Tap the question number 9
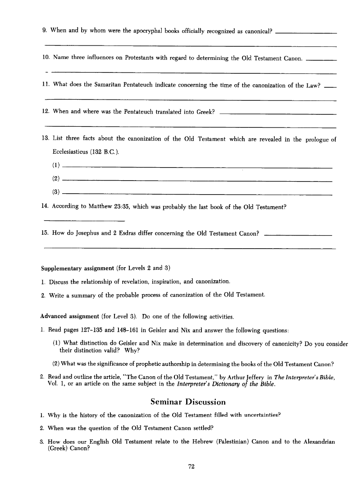pos(44,31)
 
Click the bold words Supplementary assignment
pos(77,269)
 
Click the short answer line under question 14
pos(84,220)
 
